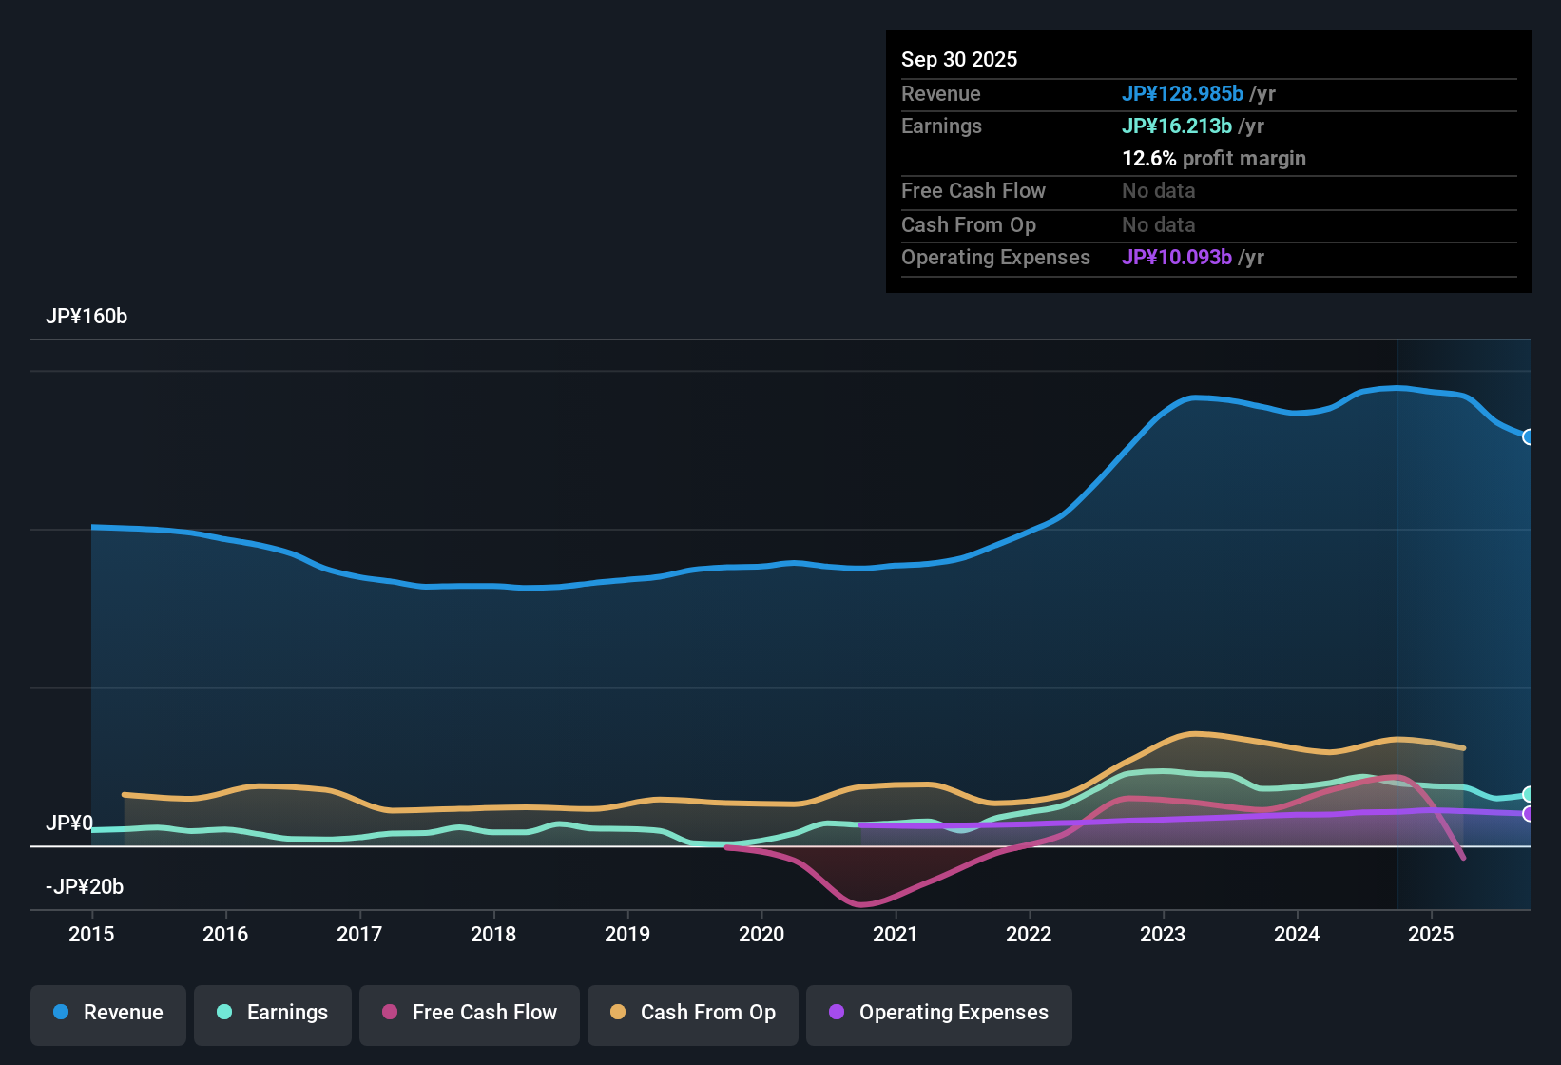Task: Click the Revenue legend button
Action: (x=108, y=1013)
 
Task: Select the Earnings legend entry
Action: (x=273, y=1013)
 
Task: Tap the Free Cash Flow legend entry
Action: (x=470, y=1013)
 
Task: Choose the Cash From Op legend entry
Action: (x=693, y=1013)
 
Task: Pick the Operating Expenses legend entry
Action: (x=939, y=1013)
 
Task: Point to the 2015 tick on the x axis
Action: (x=91, y=934)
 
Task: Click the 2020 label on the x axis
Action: (x=761, y=934)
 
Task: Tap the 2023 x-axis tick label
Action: (x=1163, y=934)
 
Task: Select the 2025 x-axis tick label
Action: (x=1431, y=934)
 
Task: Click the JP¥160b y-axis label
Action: (x=87, y=317)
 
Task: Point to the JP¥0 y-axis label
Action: (x=69, y=823)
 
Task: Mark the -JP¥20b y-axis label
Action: (x=85, y=887)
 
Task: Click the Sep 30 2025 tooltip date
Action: (x=959, y=60)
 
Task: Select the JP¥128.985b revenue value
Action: (x=1183, y=94)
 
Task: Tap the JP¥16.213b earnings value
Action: (x=1177, y=126)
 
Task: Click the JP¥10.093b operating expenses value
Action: (x=1177, y=258)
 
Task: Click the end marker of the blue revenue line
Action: (x=1529, y=437)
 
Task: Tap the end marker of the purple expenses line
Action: (x=1529, y=814)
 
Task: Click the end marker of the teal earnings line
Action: (x=1529, y=794)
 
